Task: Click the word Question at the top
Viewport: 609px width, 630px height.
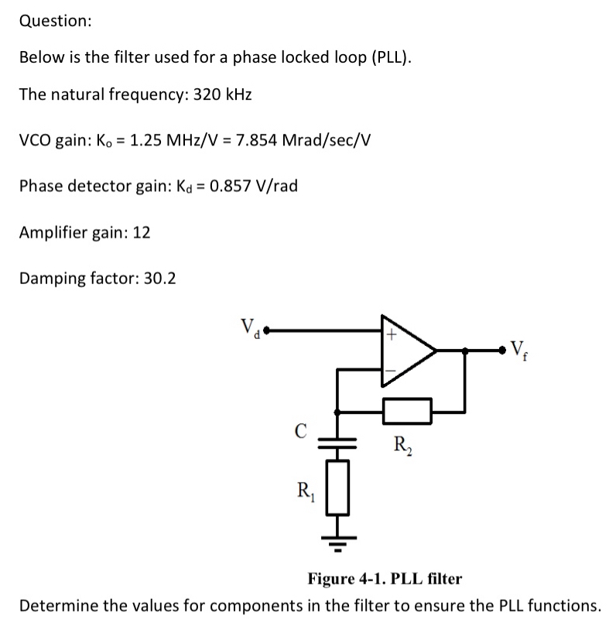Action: click(x=55, y=21)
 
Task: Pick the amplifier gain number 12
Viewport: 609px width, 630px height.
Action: click(x=142, y=232)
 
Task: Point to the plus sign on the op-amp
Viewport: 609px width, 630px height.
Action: click(x=392, y=334)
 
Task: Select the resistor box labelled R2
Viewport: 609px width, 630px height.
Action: click(x=407, y=410)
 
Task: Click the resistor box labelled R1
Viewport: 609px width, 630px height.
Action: click(x=337, y=487)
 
